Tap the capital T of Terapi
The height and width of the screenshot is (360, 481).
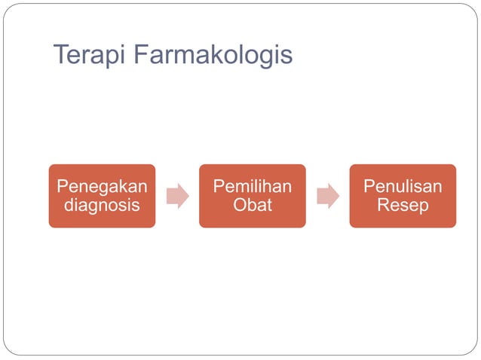pyautogui.click(x=61, y=55)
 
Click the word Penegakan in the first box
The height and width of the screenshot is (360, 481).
pyautogui.click(x=102, y=186)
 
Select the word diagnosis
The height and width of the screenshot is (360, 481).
pyautogui.click(x=102, y=205)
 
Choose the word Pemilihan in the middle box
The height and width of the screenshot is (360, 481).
pyautogui.click(x=252, y=186)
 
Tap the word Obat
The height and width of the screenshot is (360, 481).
pyautogui.click(x=252, y=205)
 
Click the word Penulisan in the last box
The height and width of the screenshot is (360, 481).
pyautogui.click(x=403, y=186)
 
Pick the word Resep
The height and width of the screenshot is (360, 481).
pyautogui.click(x=403, y=205)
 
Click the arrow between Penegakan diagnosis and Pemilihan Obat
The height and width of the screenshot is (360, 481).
pyautogui.click(x=177, y=196)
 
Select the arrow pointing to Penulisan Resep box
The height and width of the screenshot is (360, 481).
pyautogui.click(x=327, y=196)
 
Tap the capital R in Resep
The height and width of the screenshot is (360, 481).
pyautogui.click(x=383, y=205)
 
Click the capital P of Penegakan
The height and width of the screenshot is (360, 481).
pyautogui.click(x=63, y=186)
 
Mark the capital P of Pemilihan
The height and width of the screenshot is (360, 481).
pyautogui.click(x=218, y=186)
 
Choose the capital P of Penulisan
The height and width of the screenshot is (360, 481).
pyautogui.click(x=368, y=186)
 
